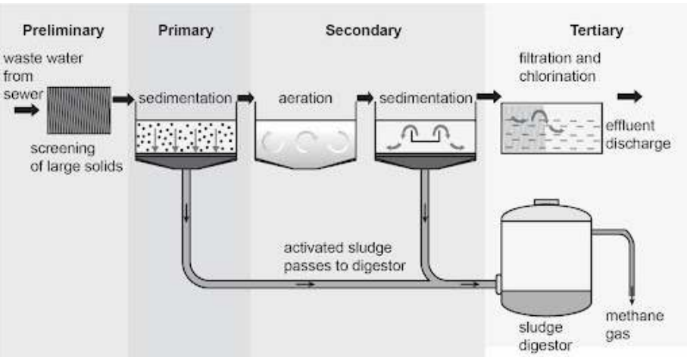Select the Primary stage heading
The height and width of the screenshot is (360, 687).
(x=186, y=31)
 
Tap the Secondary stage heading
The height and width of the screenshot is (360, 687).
(x=363, y=31)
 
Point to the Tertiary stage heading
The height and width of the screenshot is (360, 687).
(x=596, y=31)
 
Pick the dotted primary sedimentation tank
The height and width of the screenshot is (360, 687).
(x=185, y=135)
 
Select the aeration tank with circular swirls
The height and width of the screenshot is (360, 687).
(x=302, y=141)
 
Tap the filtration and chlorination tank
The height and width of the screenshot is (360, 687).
(x=550, y=129)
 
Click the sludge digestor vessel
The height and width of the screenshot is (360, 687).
(x=544, y=261)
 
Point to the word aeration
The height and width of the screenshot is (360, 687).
(x=301, y=99)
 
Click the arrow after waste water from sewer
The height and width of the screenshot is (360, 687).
(x=27, y=111)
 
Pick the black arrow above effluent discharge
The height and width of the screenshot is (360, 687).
(x=629, y=96)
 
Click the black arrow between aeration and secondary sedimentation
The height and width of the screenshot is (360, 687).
(x=365, y=98)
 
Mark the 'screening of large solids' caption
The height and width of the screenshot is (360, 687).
(x=76, y=158)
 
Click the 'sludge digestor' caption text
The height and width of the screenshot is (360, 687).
(x=542, y=337)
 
